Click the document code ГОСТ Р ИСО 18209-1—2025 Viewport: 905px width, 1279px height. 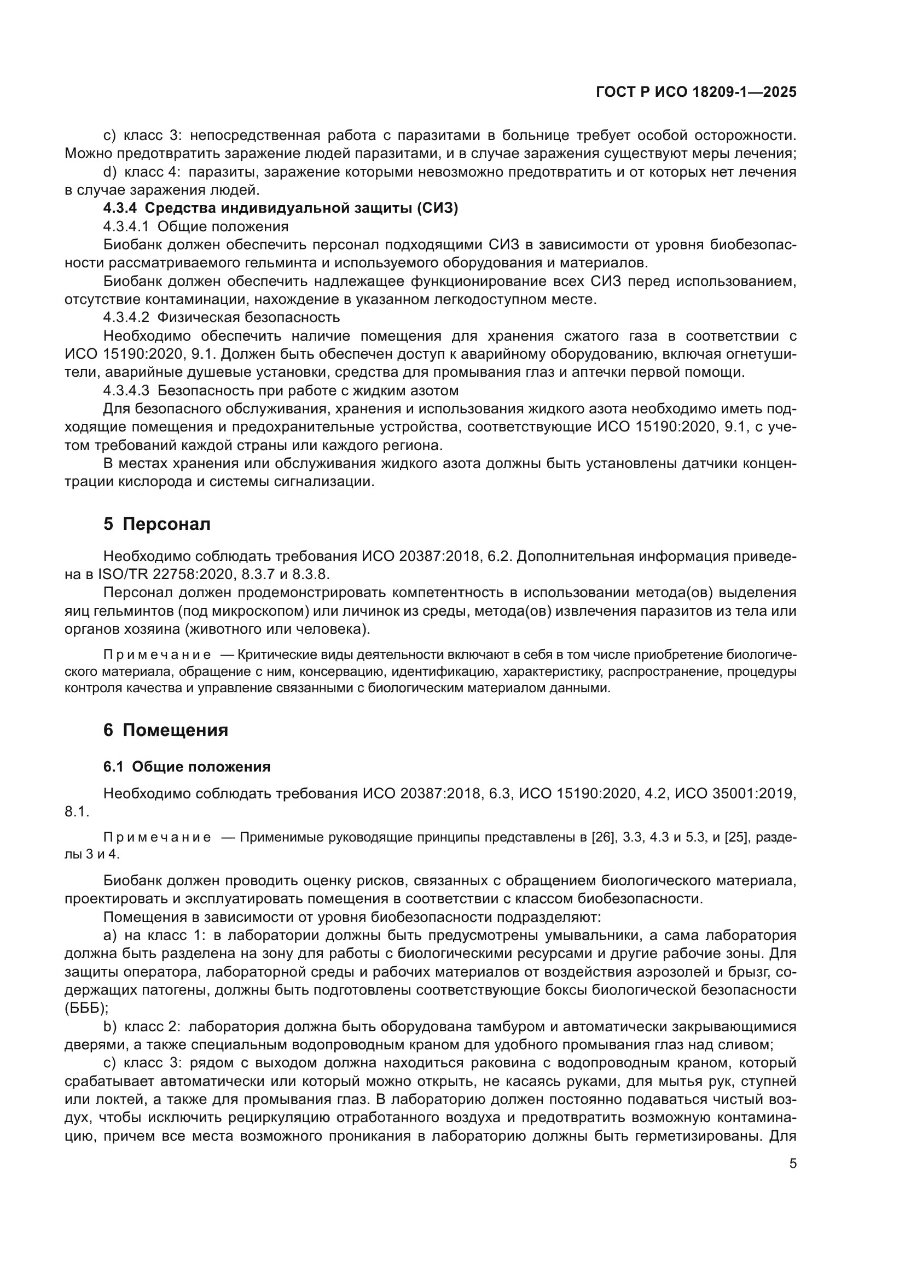pyautogui.click(x=696, y=92)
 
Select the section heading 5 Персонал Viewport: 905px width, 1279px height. pyautogui.click(x=157, y=524)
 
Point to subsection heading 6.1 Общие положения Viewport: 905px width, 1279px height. pyautogui.click(x=187, y=767)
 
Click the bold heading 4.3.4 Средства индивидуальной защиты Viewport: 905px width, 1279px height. pyautogui.click(x=280, y=208)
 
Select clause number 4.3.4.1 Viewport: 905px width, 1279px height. pyautogui.click(x=126, y=227)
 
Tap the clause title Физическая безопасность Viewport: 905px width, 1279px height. pyautogui.click(x=248, y=318)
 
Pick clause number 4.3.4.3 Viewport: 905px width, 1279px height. pyautogui.click(x=126, y=390)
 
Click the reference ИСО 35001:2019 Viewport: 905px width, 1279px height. pyautogui.click(x=735, y=794)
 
